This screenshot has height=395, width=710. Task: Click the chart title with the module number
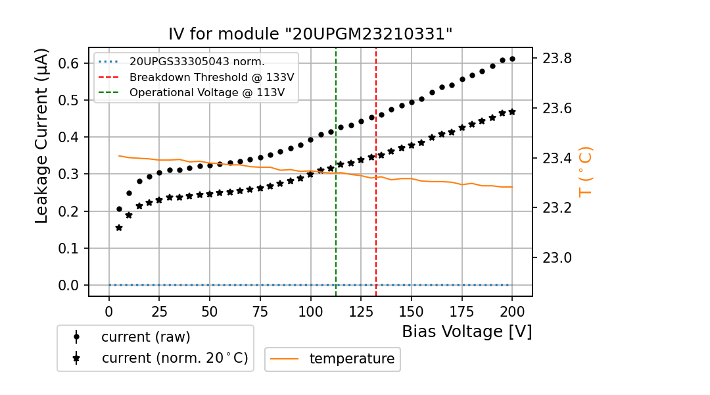(x=310, y=34)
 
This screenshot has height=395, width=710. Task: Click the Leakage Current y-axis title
(x=42, y=136)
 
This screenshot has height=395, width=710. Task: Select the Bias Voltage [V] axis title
(x=467, y=332)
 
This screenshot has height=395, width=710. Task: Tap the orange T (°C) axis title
(x=584, y=171)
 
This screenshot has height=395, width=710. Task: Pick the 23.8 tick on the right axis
(x=557, y=59)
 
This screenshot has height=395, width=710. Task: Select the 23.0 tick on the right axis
(x=557, y=257)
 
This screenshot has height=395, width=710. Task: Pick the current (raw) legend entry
(x=145, y=336)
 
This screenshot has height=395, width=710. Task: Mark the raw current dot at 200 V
(x=512, y=59)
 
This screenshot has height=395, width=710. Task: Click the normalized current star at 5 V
(x=119, y=228)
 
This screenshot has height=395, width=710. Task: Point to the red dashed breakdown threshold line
(x=376, y=197)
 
